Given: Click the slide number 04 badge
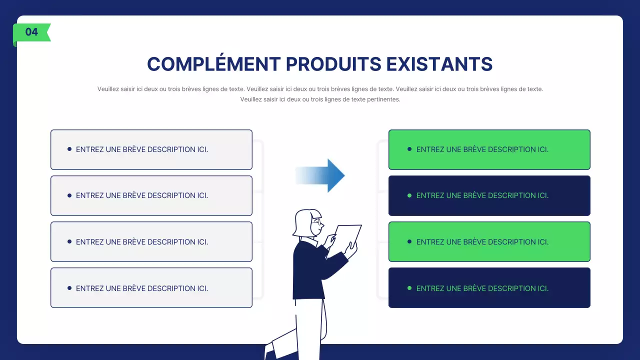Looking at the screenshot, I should click(31, 32).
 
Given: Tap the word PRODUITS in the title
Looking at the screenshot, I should click(333, 64).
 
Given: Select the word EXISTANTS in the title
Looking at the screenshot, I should click(439, 64).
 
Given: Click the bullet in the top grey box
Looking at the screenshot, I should click(69, 149).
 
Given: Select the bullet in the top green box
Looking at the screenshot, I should click(409, 149).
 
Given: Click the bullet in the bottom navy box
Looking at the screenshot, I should click(409, 288).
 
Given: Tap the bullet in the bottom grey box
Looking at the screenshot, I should click(69, 288).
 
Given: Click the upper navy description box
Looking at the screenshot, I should click(489, 195).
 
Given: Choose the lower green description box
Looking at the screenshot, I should click(489, 241).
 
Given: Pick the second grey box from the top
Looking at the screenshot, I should click(151, 195).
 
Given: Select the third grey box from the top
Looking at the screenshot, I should click(151, 241).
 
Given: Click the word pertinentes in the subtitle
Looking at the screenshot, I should click(383, 99).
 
